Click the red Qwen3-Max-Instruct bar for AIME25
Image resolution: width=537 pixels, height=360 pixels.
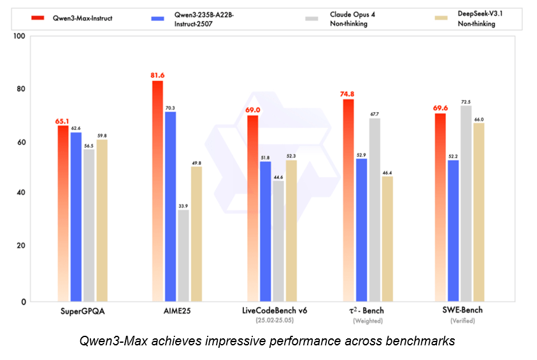click(x=157, y=191)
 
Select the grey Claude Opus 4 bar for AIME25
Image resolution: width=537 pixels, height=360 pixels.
click(x=183, y=255)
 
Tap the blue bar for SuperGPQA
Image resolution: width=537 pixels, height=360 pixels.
click(x=76, y=217)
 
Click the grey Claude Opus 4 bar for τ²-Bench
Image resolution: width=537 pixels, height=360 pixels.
click(x=375, y=210)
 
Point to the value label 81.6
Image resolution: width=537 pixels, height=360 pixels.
click(x=157, y=75)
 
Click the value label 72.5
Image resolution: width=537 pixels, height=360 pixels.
click(x=466, y=101)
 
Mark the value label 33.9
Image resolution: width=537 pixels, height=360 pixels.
click(x=183, y=206)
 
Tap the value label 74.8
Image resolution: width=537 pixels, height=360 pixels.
click(x=348, y=94)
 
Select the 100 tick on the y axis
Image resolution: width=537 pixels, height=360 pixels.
click(x=19, y=36)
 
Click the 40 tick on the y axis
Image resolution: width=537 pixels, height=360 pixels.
click(x=22, y=193)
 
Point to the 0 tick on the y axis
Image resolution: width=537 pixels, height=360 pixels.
click(x=24, y=301)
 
